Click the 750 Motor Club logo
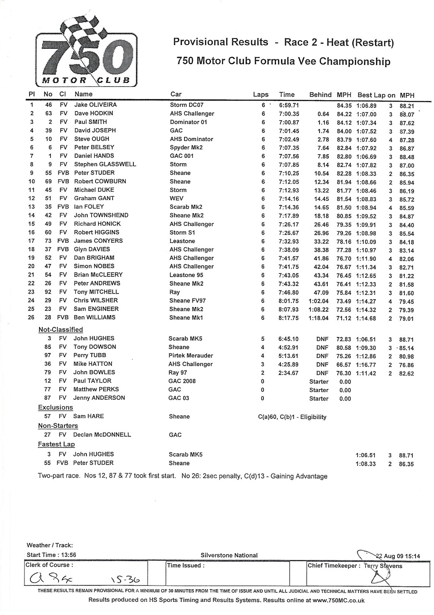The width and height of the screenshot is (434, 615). pos(87,51)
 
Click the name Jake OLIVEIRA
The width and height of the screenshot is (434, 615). pos(95,105)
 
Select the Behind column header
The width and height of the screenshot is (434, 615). pos(320,95)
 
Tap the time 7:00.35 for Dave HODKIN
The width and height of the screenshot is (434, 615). pos(289,114)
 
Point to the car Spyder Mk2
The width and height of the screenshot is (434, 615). pos(186,147)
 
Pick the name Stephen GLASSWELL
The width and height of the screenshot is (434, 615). pos(105,164)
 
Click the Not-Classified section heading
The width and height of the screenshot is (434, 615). pos(61,330)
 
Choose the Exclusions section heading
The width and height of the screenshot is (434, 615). pos(55,408)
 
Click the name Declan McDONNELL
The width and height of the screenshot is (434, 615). pos(102,435)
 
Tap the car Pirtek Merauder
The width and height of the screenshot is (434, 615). pos(191,355)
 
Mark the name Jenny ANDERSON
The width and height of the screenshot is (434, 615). pos(99,398)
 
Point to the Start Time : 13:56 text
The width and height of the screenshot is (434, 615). pos(51,555)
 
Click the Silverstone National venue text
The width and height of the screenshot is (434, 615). pos(229,556)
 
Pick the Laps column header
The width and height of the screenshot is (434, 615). pos(260,95)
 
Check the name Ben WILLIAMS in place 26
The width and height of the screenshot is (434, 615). pos(94,317)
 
